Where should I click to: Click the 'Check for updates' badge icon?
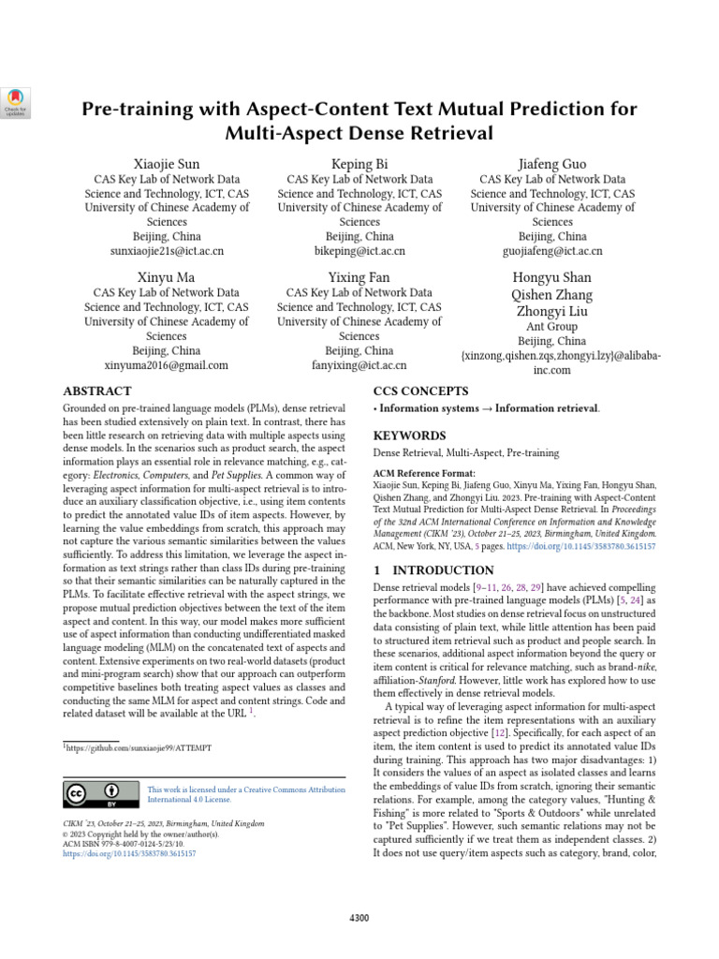click(x=17, y=101)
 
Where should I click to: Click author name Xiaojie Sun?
click(x=167, y=164)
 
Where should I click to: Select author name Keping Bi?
click(x=359, y=164)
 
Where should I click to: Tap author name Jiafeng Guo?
click(x=552, y=164)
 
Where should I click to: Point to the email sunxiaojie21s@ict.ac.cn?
click(x=167, y=251)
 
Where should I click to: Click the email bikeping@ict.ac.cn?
click(x=359, y=251)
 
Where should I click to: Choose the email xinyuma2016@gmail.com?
click(x=167, y=365)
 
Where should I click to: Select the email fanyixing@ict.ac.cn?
click(x=359, y=365)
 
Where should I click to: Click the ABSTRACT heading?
click(x=97, y=391)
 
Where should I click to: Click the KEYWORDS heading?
click(x=410, y=435)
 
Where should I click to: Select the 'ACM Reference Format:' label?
click(x=424, y=474)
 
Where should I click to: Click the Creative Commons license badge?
click(x=96, y=794)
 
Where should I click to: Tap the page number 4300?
click(x=359, y=917)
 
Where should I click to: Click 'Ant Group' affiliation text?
click(x=552, y=327)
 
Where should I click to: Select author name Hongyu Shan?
click(x=552, y=278)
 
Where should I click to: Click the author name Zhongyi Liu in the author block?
click(x=552, y=311)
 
